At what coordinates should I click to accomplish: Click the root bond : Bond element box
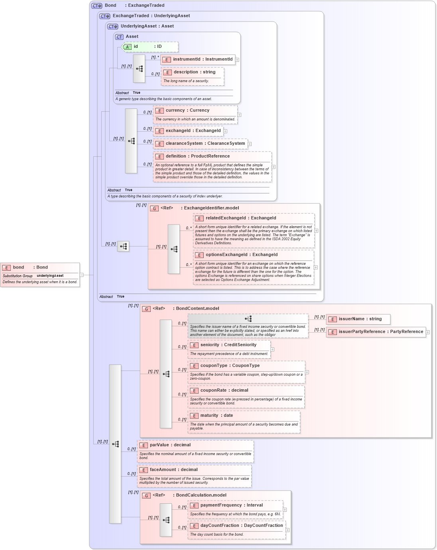pos(40,268)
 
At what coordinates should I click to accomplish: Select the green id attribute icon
pos(127,47)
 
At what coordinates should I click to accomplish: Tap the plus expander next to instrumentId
pos(237,60)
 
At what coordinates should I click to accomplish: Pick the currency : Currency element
pos(187,110)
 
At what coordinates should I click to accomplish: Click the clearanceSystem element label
pos(205,144)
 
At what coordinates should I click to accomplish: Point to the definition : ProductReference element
pos(197,156)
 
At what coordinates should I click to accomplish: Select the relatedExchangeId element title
pos(240,218)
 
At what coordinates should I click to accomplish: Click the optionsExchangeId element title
pos(241,255)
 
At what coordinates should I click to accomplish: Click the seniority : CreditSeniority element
pos(228,345)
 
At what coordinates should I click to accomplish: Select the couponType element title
pos(230,366)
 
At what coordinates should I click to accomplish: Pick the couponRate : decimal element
pos(224,390)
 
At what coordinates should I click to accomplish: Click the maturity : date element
pos(216,416)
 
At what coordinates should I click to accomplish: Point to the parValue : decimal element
pos(170,445)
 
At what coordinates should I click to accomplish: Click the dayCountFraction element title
pos(241,526)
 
